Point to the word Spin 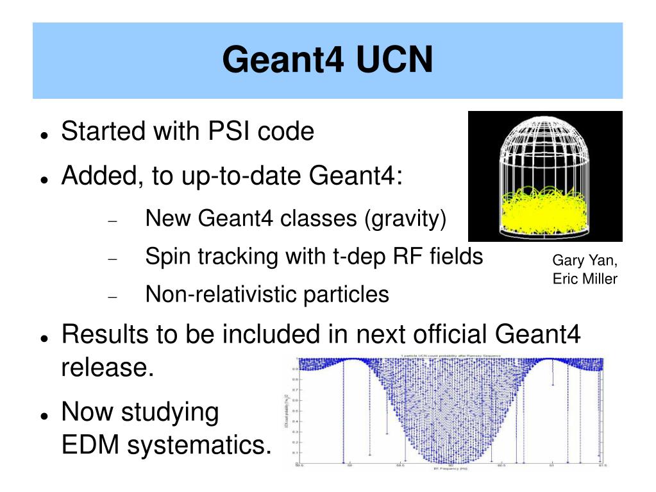168,257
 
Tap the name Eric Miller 585,279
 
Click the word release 107,369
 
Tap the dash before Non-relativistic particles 113,297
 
